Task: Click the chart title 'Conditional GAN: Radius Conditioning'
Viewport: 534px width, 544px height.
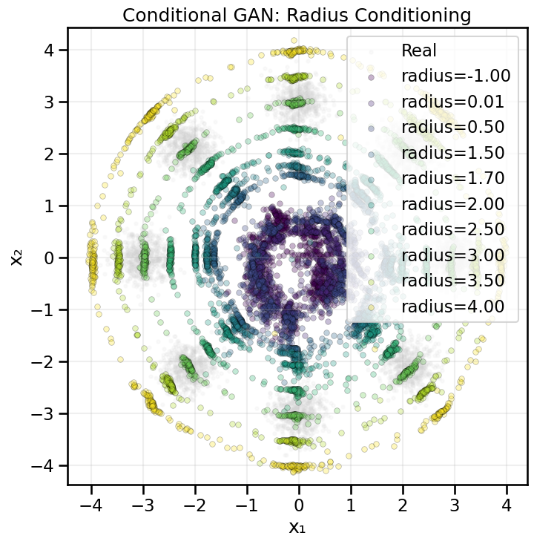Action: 297,14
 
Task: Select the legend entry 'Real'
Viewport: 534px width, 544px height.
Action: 419,51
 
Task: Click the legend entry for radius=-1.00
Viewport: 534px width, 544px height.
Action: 453,76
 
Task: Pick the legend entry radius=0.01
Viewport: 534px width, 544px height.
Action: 453,102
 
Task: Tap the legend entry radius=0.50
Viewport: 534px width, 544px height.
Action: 453,128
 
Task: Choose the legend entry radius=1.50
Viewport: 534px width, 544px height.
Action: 453,153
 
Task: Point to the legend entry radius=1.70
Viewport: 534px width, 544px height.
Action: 453,179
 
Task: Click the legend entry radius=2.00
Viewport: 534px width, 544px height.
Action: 453,204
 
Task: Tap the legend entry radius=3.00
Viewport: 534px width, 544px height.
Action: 453,255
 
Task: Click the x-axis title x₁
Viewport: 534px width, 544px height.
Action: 297,528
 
